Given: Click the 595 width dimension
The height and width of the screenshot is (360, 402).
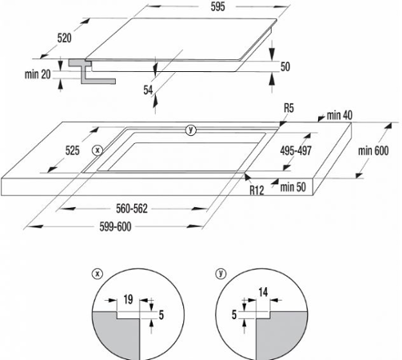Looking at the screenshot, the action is (x=217, y=6).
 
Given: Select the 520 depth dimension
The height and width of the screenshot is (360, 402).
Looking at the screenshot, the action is (x=64, y=38).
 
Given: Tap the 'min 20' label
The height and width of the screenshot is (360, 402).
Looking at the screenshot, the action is (x=38, y=74).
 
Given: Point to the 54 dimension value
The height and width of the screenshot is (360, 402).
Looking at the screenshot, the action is (x=148, y=90).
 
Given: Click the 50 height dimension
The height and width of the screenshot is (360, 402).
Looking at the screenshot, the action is (x=285, y=66).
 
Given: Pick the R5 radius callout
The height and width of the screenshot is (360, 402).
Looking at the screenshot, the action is (x=289, y=108).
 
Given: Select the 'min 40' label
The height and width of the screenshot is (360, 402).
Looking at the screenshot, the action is (x=340, y=115).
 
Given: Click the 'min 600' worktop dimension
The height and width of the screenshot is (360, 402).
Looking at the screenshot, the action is (x=373, y=151).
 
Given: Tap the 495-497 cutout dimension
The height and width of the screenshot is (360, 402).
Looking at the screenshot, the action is (x=296, y=151).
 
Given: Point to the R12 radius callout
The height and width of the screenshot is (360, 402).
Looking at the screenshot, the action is (x=257, y=190).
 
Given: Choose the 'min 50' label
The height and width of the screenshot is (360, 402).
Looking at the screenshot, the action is (x=293, y=187).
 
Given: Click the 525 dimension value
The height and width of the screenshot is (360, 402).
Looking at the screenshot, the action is (x=73, y=151).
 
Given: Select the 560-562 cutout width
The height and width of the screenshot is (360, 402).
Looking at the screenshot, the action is (x=132, y=209).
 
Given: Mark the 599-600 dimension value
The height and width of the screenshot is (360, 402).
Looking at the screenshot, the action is (x=115, y=227).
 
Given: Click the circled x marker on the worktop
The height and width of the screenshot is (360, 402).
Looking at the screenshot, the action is (x=98, y=150).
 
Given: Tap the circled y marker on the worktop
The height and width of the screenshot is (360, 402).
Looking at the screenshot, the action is (x=191, y=130).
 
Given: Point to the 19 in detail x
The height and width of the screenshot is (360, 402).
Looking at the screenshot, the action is (x=128, y=299).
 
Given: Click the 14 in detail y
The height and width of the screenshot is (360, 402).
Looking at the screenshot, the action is (x=263, y=292).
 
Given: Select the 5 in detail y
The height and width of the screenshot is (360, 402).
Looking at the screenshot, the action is (x=234, y=314).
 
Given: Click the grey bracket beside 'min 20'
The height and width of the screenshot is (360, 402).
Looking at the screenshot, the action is (x=92, y=71).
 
